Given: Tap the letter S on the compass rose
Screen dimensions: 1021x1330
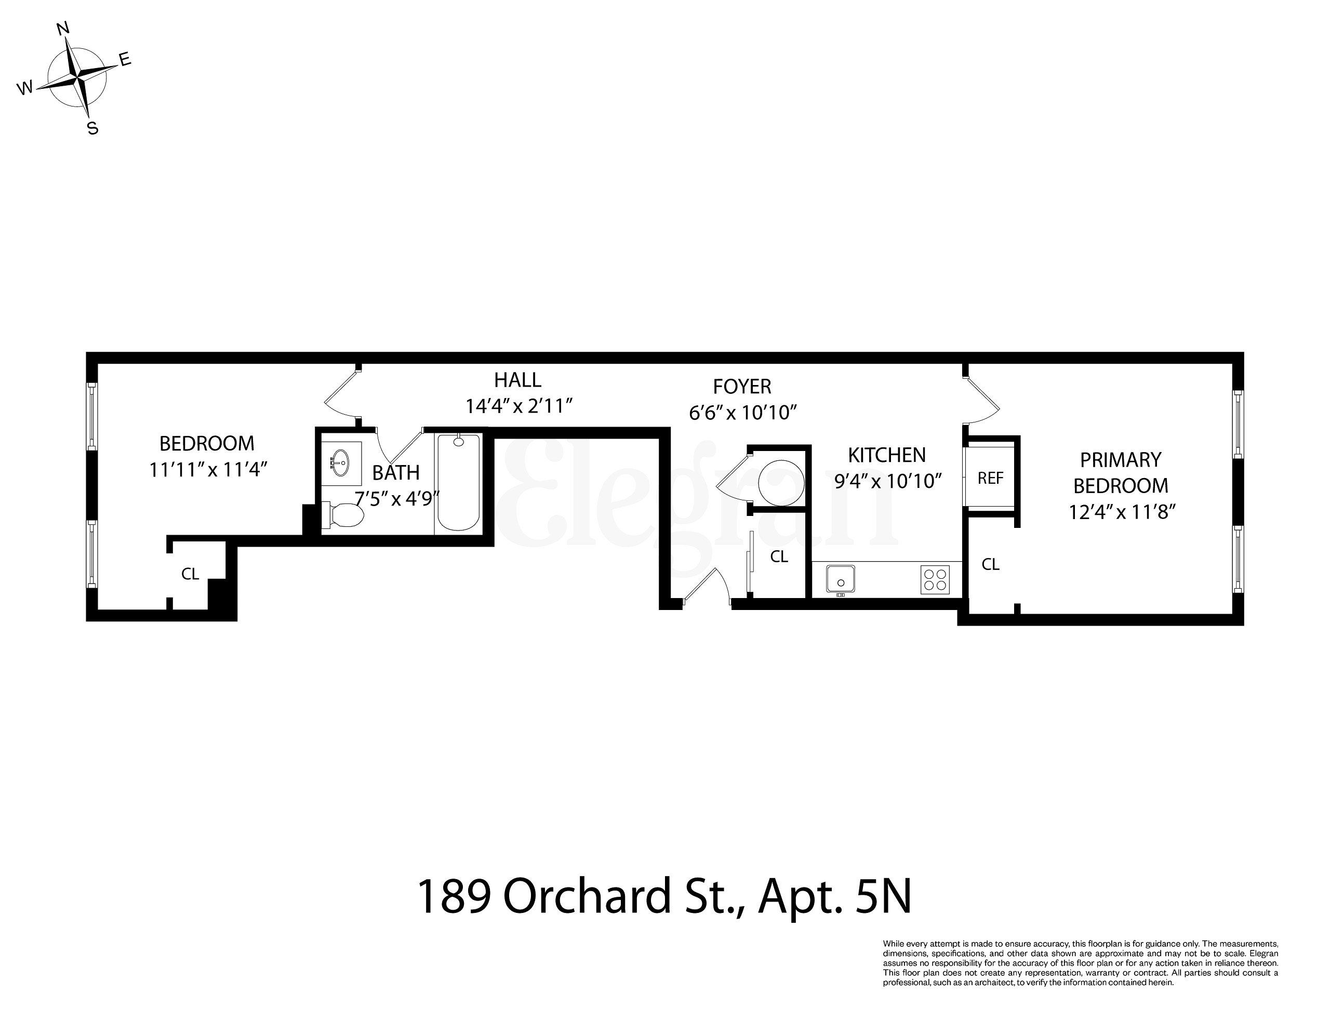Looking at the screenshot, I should (92, 128).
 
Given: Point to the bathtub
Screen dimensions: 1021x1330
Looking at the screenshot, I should (459, 483).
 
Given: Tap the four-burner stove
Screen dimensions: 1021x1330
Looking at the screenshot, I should (935, 579).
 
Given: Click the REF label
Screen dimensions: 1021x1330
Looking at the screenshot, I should (990, 479).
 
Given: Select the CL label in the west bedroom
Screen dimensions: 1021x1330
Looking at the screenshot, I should (190, 574).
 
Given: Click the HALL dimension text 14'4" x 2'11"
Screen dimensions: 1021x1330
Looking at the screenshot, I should (520, 406).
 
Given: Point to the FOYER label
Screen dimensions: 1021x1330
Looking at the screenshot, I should (742, 387).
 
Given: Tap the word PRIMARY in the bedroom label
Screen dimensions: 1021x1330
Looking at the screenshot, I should (1121, 459).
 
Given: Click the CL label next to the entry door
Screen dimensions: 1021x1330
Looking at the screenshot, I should (779, 556).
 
